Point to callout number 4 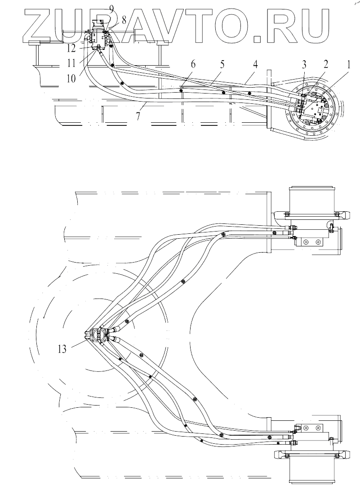255,64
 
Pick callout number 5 223,64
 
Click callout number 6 193,64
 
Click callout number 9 111,8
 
